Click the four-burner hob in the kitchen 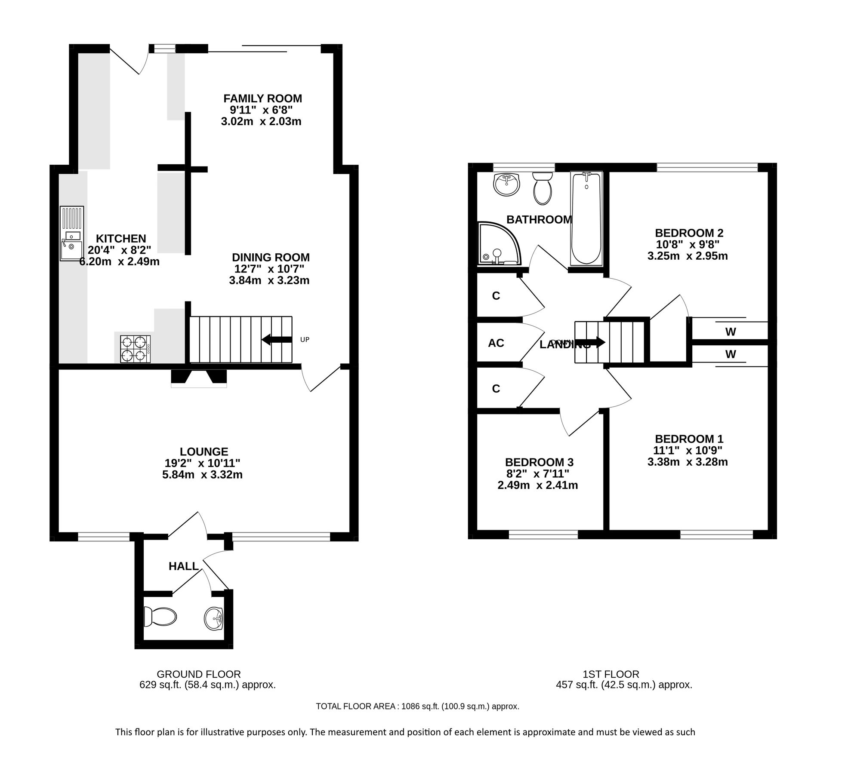(135, 349)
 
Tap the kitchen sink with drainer (72, 233)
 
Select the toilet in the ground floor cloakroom (160, 617)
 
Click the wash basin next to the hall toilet (213, 618)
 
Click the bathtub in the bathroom (586, 218)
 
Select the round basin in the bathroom (507, 184)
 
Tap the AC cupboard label (496, 343)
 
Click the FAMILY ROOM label (262, 98)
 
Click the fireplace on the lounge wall (199, 378)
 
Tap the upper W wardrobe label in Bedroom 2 (730, 332)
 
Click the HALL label (183, 566)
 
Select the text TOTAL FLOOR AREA (355, 706)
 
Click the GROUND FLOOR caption (198, 674)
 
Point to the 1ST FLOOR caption (611, 674)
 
